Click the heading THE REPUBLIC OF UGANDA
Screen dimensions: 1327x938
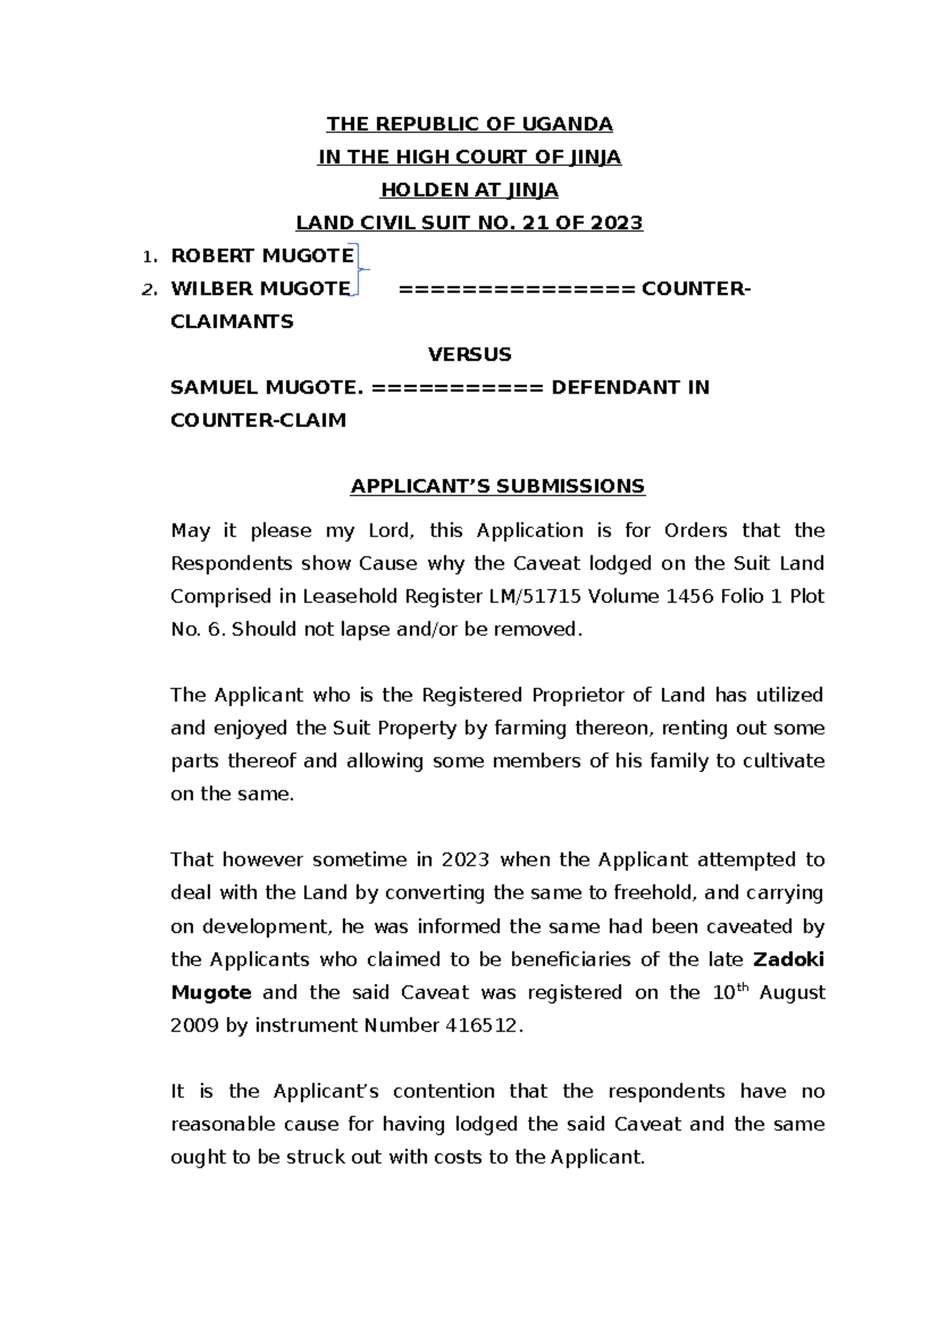(469, 124)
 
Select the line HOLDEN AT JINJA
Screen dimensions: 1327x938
(469, 190)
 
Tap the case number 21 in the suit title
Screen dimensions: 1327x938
(535, 223)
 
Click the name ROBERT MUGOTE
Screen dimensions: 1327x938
(262, 256)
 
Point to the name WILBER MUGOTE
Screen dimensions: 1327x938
(260, 288)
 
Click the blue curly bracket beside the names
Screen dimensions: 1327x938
(359, 270)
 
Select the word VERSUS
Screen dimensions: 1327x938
(469, 354)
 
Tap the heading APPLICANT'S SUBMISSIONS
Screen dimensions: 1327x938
(497, 486)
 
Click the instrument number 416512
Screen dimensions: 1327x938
(481, 1025)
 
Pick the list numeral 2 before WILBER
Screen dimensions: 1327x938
(148, 290)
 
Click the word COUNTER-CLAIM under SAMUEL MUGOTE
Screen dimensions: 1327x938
(258, 420)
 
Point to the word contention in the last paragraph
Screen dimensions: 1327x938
(443, 1091)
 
